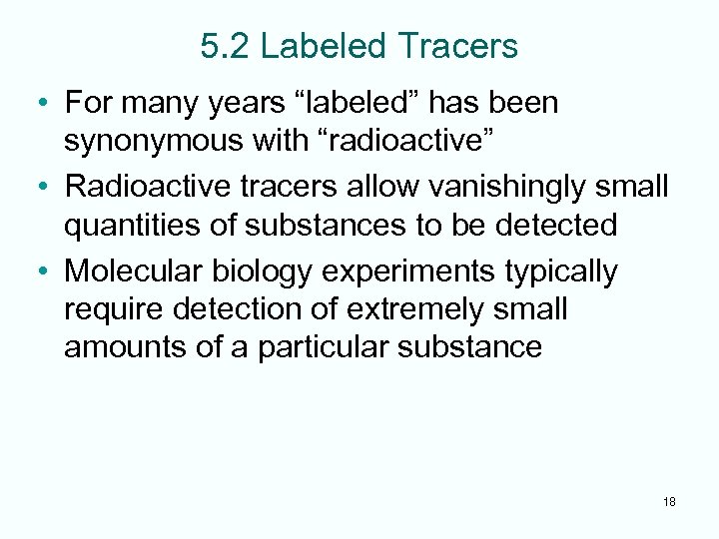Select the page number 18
(x=669, y=502)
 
